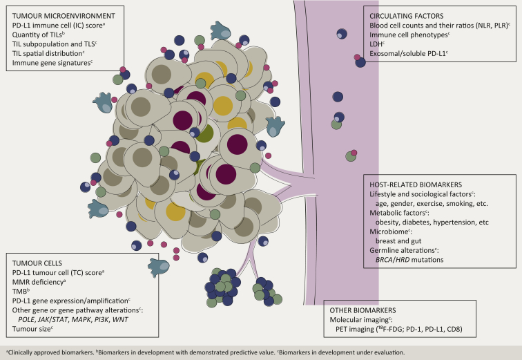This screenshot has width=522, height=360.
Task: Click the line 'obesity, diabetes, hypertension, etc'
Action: click(x=432, y=224)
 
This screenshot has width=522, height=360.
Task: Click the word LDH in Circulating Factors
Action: click(x=378, y=41)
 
